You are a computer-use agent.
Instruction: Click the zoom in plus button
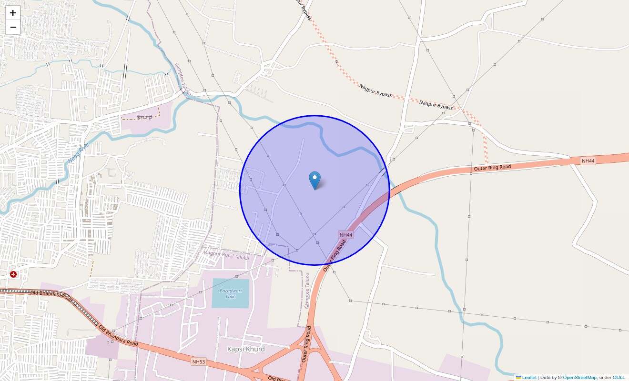[13, 13]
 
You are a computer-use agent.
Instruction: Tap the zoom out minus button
[13, 27]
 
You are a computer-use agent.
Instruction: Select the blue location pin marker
[314, 180]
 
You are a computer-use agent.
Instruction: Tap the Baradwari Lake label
[231, 293]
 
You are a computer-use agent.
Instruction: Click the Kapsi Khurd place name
[246, 349]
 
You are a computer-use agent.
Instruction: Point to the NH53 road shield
[199, 362]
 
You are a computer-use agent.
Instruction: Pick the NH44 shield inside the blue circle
[346, 235]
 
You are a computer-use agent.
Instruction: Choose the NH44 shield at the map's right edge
[588, 161]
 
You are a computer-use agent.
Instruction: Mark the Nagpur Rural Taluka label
[226, 253]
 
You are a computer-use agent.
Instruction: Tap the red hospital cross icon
[13, 274]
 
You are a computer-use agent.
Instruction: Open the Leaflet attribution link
[529, 378]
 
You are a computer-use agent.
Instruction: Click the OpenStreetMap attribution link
[579, 378]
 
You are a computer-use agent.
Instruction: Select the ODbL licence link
[619, 378]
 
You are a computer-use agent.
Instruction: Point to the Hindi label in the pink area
[144, 117]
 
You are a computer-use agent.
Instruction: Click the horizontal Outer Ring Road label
[492, 168]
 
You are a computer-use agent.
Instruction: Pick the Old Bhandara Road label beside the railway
[51, 295]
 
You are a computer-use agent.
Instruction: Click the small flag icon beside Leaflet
[518, 378]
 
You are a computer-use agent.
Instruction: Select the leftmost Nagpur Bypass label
[375, 90]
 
